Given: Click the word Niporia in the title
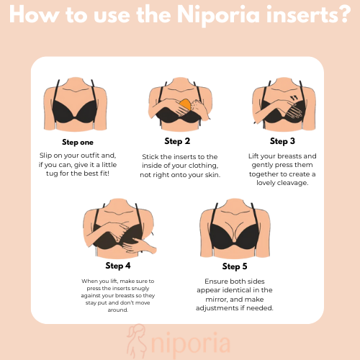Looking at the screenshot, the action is [x=218, y=15].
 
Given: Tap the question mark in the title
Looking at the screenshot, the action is [x=344, y=14].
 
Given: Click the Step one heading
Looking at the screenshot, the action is [x=78, y=143].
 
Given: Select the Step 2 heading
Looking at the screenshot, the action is [x=177, y=141].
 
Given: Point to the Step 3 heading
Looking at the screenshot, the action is [x=282, y=141].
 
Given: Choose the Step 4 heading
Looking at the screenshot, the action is [x=118, y=266].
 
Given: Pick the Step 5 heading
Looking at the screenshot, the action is [x=235, y=266].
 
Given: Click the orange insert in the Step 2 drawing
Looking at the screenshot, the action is [x=185, y=104].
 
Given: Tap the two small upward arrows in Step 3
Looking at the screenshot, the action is [x=294, y=98].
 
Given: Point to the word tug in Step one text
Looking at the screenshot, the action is [x=52, y=174].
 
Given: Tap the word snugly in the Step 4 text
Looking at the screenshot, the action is [x=140, y=288].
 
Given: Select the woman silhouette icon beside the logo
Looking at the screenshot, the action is [x=136, y=341].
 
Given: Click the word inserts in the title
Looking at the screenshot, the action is [x=300, y=15].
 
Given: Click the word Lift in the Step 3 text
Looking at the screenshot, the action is [x=253, y=156].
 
